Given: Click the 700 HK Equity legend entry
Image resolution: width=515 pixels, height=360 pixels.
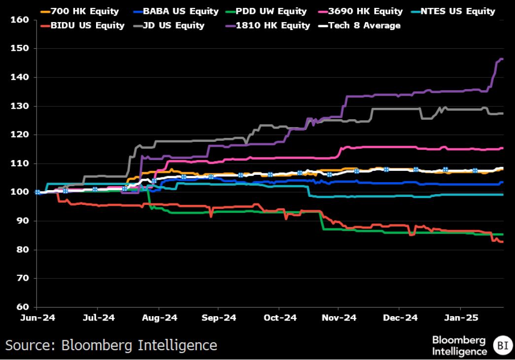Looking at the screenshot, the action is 80,11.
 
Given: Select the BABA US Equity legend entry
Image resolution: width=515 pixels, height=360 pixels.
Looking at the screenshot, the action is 176,11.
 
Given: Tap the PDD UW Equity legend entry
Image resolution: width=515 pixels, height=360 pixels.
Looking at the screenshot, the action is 266,11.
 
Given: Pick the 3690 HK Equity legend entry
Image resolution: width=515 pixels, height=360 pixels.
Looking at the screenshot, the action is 361,11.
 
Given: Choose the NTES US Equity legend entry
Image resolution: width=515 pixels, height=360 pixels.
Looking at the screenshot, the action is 453,11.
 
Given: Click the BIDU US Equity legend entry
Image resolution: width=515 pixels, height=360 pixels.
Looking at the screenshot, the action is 83,26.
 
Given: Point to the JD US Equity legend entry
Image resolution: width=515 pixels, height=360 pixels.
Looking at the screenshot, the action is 169,26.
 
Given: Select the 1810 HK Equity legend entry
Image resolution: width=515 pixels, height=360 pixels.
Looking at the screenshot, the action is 268,26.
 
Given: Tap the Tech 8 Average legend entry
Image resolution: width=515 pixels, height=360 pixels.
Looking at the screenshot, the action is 360,26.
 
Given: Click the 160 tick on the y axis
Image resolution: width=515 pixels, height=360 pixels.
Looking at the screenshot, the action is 20,20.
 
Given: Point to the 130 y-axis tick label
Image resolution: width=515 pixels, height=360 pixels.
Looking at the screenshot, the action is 20,106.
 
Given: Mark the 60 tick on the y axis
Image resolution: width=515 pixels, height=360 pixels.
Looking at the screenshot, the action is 23,307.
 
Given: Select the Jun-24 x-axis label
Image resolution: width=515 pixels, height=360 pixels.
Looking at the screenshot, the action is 38,318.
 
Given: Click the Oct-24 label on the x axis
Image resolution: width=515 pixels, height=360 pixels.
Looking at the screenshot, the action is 280,318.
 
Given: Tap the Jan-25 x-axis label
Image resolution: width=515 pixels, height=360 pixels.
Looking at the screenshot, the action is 461,318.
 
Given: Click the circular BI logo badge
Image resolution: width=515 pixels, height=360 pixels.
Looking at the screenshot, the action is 503,346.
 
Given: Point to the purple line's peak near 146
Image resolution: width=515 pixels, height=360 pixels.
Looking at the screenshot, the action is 501,59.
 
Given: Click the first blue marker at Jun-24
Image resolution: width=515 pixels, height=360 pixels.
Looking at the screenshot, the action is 37,192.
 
